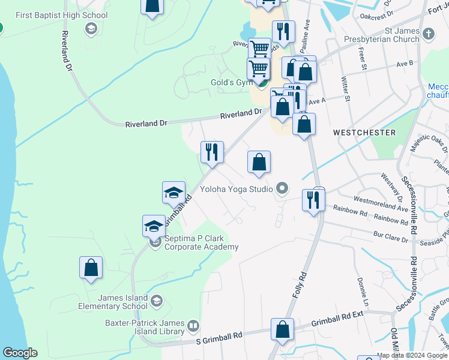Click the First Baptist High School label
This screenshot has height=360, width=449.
point(61,15)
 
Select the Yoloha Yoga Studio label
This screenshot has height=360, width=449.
point(237,190)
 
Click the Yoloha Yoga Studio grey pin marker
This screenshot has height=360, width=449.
point(282,189)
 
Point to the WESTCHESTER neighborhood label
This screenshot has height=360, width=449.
point(365,132)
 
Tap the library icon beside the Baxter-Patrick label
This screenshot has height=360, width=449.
point(193,326)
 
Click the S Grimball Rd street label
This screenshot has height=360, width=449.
point(220,340)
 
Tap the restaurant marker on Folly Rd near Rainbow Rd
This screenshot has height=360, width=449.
point(313,200)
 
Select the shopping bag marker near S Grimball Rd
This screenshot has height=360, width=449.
point(282,331)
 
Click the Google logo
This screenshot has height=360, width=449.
point(20,353)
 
